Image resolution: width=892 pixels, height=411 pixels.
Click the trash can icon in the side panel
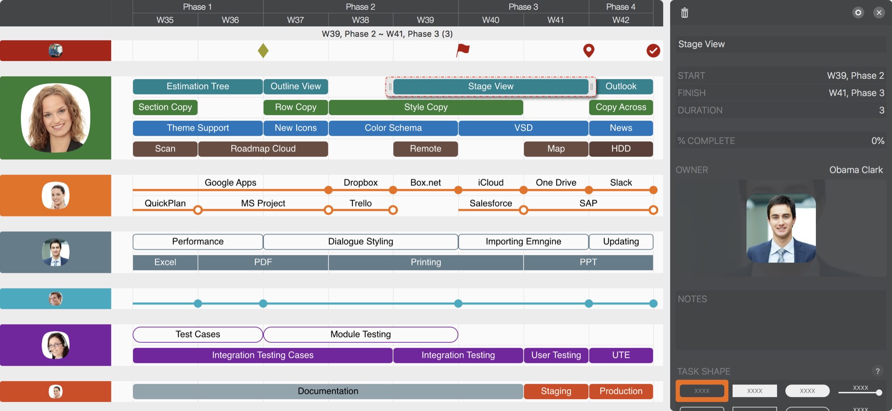click(x=685, y=13)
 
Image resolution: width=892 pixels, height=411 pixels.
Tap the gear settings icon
click(x=858, y=13)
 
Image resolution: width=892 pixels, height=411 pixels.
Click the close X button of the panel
click(x=879, y=13)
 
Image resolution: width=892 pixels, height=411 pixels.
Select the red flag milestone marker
click(x=463, y=50)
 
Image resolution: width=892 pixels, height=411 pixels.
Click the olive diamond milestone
click(x=263, y=50)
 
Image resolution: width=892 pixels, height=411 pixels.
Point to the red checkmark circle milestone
click(x=653, y=50)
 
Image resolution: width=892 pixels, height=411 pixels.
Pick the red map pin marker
click(x=588, y=50)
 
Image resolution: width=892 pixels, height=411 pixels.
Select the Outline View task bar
click(x=296, y=87)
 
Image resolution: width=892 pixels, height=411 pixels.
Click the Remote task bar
click(x=426, y=149)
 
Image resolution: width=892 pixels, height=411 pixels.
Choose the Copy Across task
click(x=621, y=107)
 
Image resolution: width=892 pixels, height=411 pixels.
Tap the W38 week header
click(x=361, y=20)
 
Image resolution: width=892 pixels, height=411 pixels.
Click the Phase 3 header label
click(x=523, y=7)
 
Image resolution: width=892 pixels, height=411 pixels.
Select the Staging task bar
click(x=556, y=391)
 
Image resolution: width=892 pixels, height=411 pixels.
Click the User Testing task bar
click(x=556, y=355)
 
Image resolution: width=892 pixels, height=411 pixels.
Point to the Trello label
click(x=361, y=204)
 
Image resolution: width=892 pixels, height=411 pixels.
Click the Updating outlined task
click(x=621, y=242)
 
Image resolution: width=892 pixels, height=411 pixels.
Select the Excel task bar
click(x=165, y=262)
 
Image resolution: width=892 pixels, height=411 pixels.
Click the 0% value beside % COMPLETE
click(x=877, y=141)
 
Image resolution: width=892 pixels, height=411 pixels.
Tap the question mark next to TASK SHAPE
click(x=878, y=371)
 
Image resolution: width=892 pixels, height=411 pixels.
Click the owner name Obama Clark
click(x=855, y=170)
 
